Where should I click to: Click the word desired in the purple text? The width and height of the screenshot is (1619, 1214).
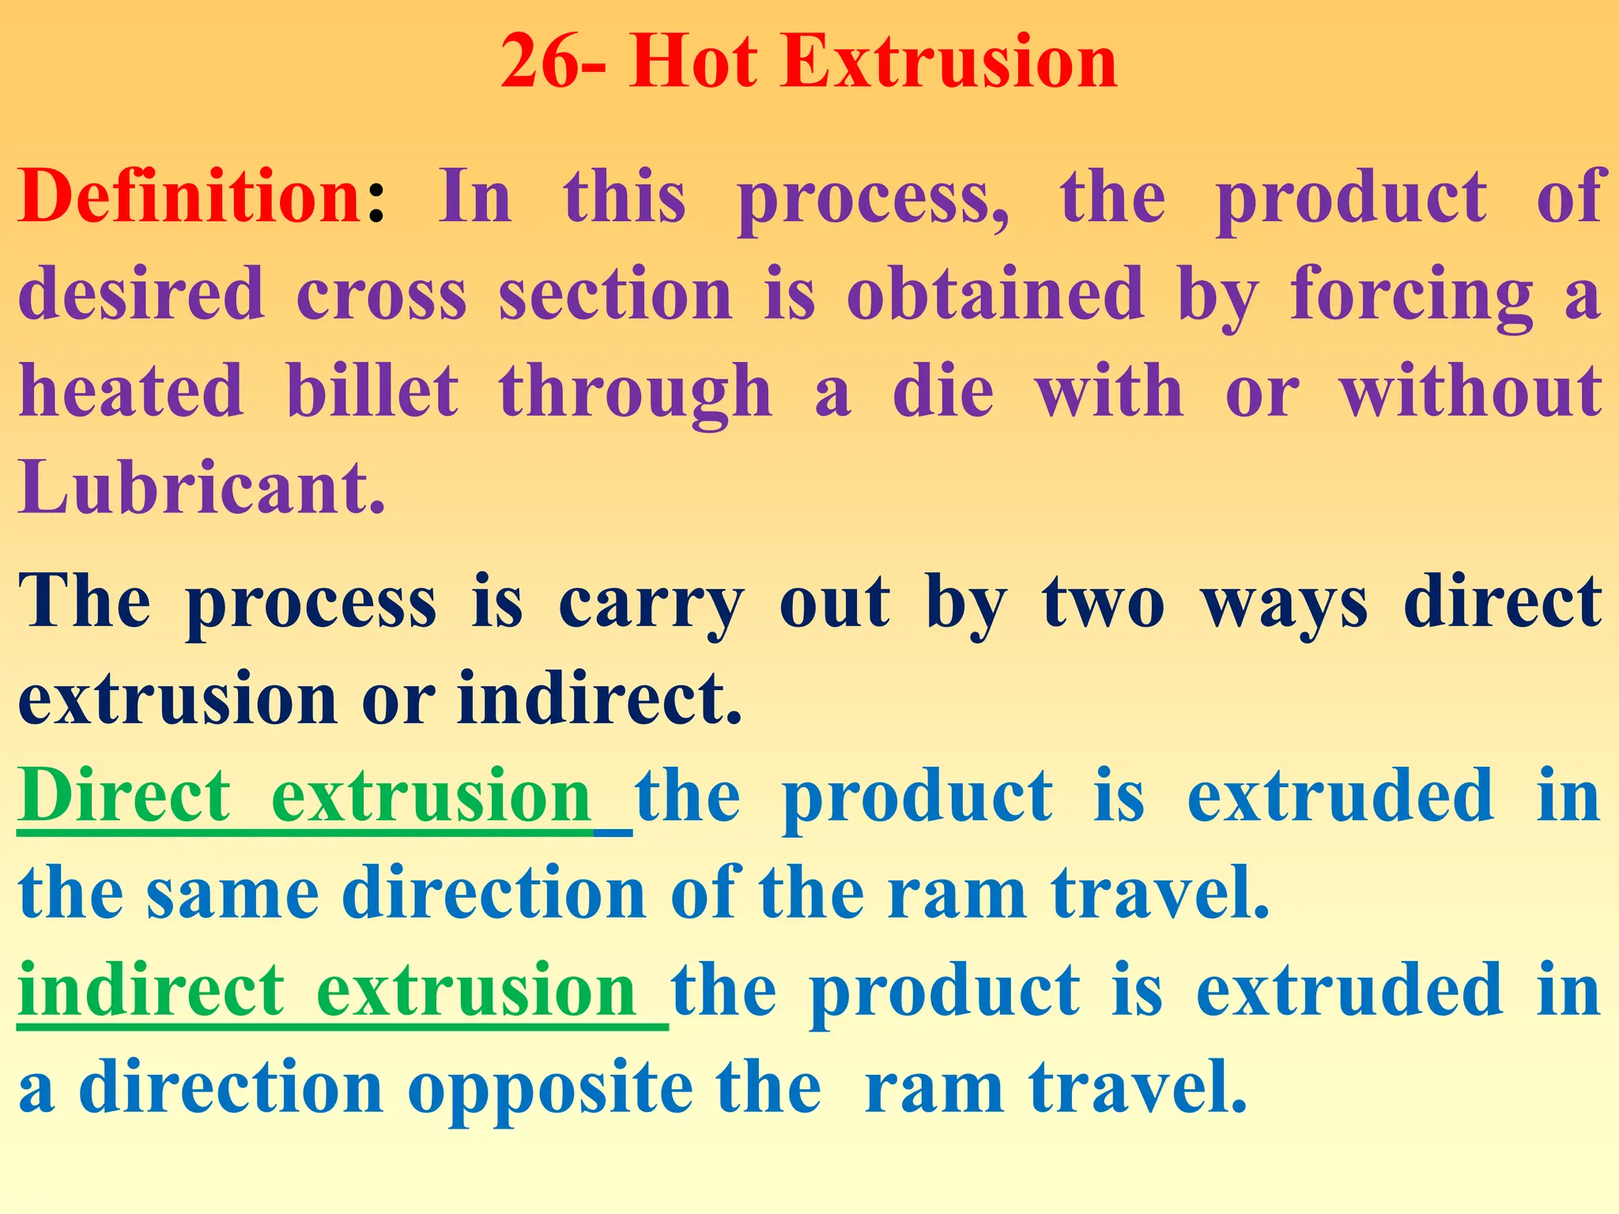click(141, 294)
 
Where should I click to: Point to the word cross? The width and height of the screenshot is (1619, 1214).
click(382, 294)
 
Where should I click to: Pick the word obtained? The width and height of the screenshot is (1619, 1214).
click(994, 294)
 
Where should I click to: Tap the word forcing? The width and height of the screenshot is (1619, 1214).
click(1411, 294)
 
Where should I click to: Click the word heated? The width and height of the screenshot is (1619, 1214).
click(131, 391)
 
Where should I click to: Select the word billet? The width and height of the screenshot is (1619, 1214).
click(372, 391)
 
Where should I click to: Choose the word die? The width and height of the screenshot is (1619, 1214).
click(942, 391)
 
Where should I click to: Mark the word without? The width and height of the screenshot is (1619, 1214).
click(1470, 391)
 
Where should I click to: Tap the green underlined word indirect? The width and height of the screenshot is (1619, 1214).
click(150, 991)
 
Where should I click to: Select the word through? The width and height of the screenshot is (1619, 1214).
click(635, 391)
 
